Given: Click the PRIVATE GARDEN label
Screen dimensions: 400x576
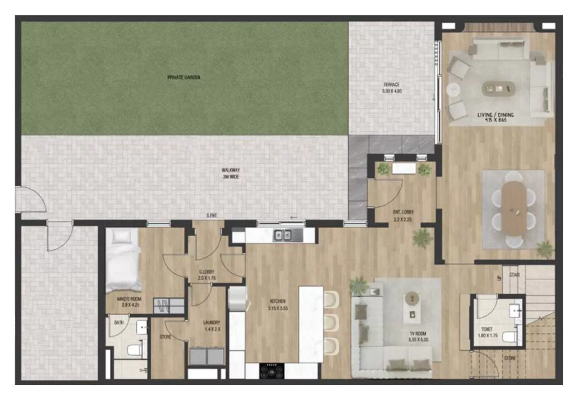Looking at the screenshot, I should [x=184, y=77].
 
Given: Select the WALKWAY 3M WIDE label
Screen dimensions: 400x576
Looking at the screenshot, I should [x=230, y=173].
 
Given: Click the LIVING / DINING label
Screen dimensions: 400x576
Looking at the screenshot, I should [x=495, y=117].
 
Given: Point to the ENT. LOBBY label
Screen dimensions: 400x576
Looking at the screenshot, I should [x=403, y=216].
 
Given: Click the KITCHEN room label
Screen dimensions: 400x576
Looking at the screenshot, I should [x=278, y=304].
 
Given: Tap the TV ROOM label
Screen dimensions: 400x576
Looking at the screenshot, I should [x=418, y=336].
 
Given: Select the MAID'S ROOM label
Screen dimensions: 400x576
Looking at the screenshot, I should [x=129, y=302].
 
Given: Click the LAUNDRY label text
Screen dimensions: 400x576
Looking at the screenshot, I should [x=212, y=325].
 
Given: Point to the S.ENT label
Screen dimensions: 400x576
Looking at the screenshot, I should [x=212, y=216].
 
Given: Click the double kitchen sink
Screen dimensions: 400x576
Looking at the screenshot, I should [x=282, y=235].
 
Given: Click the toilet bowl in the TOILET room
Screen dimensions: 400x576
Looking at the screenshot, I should [x=510, y=337].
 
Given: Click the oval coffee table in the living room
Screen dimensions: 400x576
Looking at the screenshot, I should [x=498, y=88].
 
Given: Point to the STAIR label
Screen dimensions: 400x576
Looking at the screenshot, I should [x=514, y=275].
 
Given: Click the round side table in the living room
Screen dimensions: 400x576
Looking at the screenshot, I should [x=453, y=90].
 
